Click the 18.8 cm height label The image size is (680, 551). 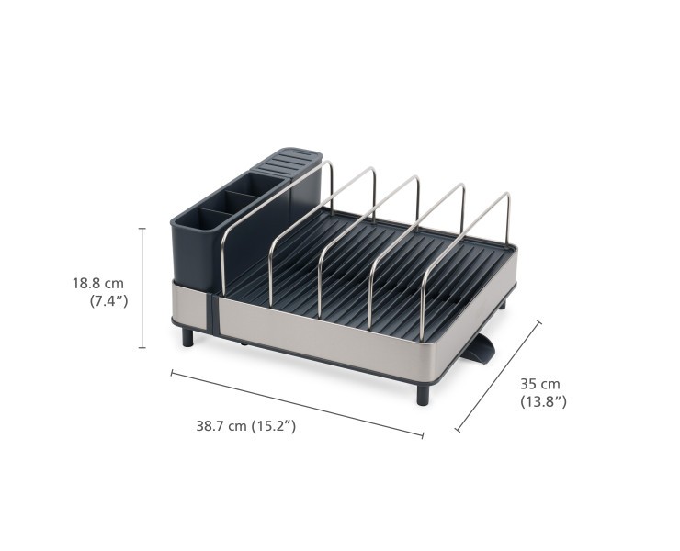pyautogui.click(x=97, y=284)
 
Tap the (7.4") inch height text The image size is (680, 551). pyautogui.click(x=108, y=300)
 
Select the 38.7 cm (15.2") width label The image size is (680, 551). pyautogui.click(x=245, y=426)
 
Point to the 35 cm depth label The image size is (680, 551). pyautogui.click(x=539, y=384)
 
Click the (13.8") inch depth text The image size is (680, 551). pyautogui.click(x=543, y=401)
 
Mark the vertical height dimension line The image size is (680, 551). pyautogui.click(x=142, y=287)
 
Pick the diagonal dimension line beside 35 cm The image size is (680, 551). pyautogui.click(x=498, y=376)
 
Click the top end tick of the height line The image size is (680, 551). pyautogui.click(x=142, y=228)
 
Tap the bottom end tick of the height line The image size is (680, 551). pyautogui.click(x=142, y=348)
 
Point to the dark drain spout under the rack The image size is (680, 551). pyautogui.click(x=481, y=350)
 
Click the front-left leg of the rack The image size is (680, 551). pyautogui.click(x=187, y=336)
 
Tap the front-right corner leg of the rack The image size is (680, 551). pyautogui.click(x=422, y=394)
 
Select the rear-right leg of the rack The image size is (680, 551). pyautogui.click(x=502, y=303)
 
